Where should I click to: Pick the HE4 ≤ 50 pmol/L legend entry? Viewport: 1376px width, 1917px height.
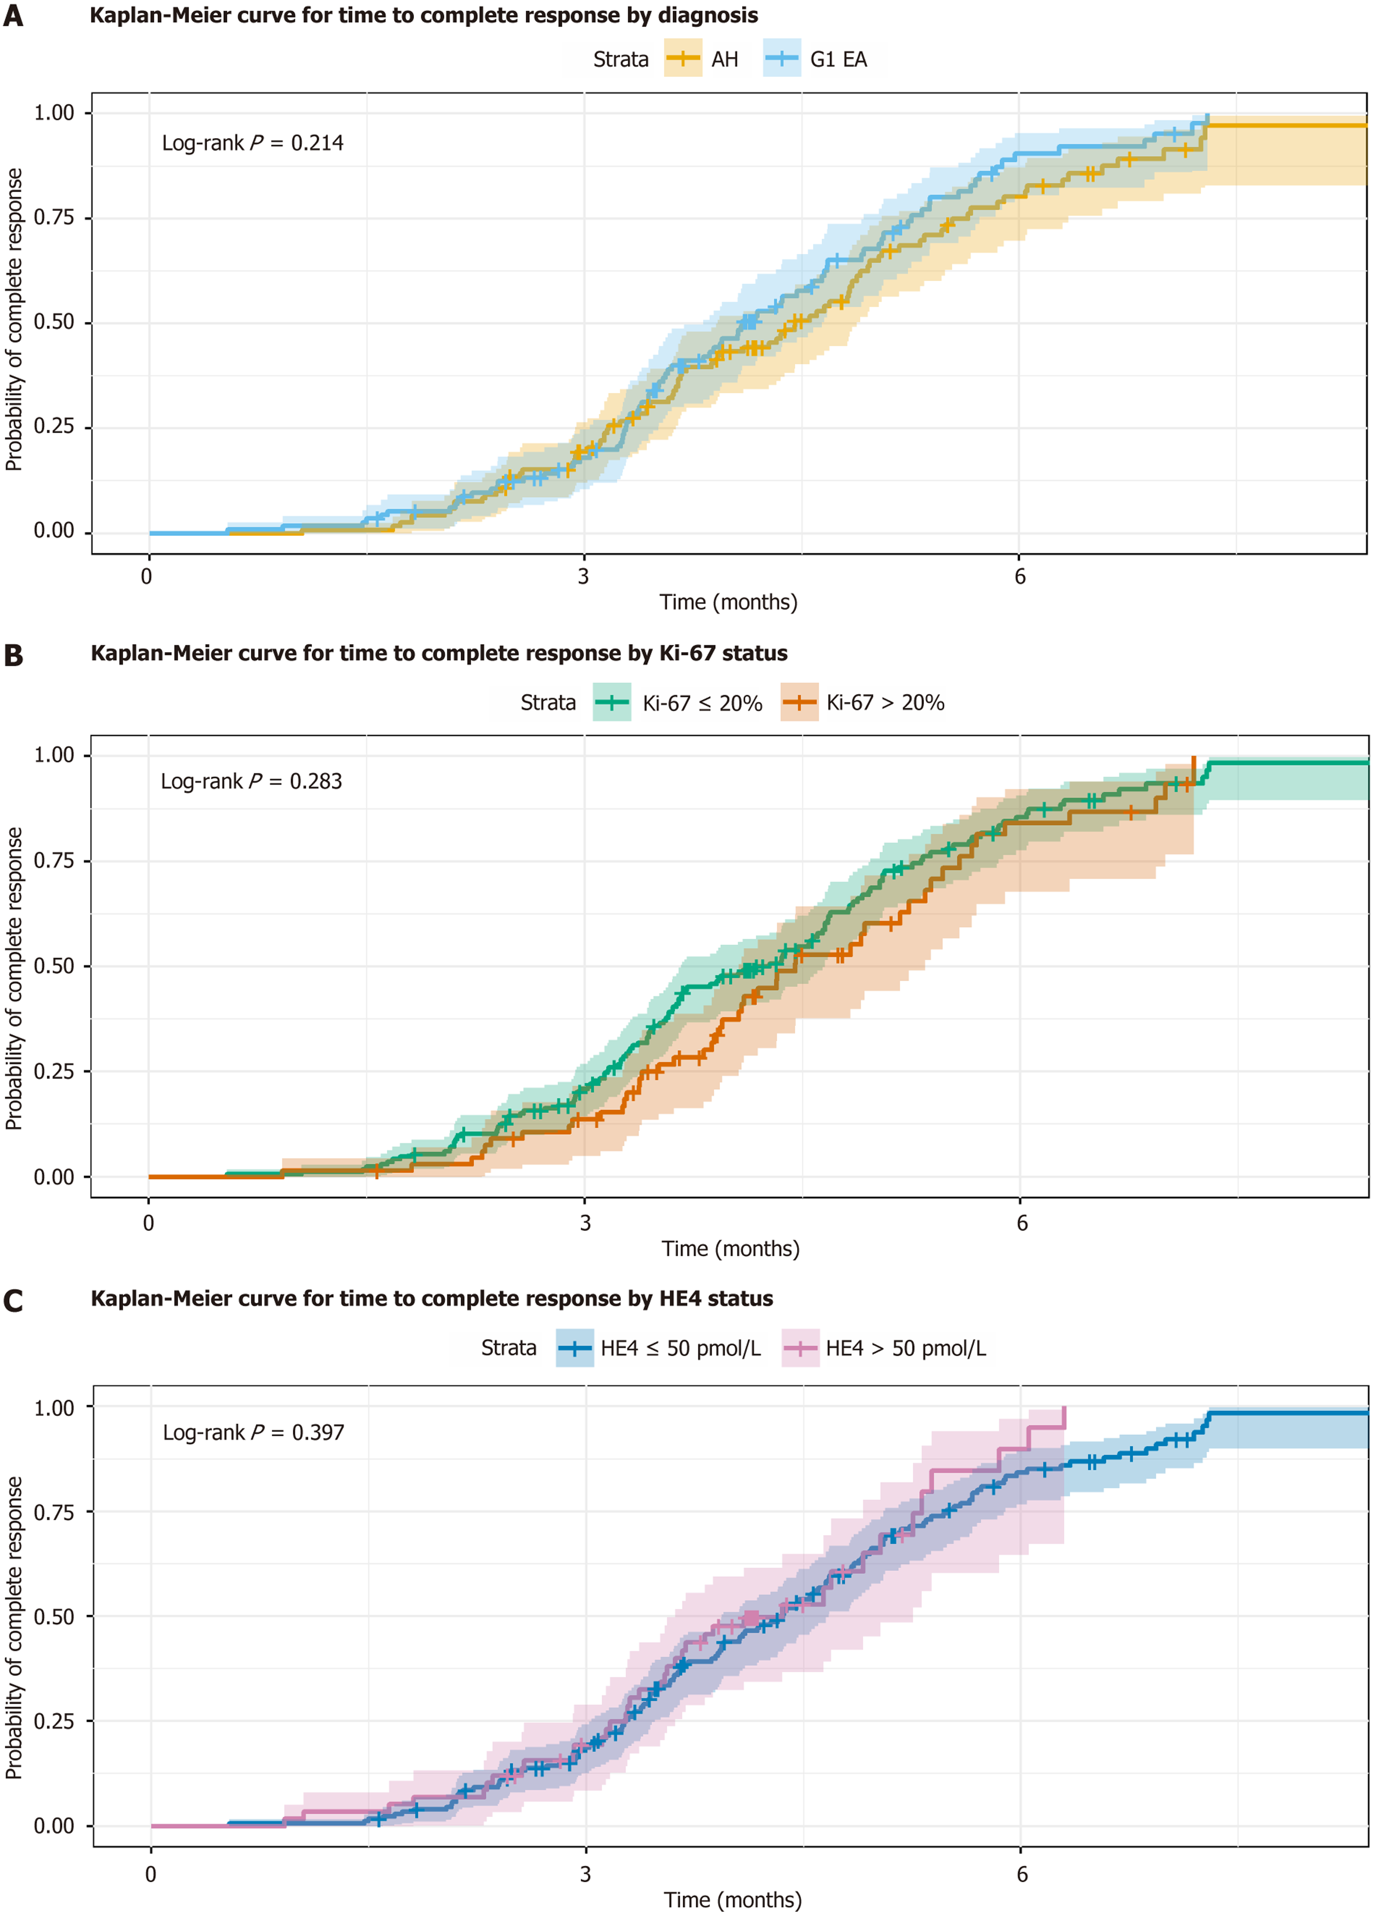click(659, 1348)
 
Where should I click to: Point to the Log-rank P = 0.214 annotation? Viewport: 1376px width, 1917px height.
click(253, 143)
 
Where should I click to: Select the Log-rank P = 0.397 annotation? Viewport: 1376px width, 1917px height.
click(254, 1432)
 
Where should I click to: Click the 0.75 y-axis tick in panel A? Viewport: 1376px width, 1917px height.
click(54, 218)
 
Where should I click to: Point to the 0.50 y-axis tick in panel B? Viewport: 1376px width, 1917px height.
click(54, 966)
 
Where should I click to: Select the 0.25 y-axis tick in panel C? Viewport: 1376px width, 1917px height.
click(54, 1721)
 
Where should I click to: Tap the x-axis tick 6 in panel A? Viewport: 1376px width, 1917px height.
click(1020, 576)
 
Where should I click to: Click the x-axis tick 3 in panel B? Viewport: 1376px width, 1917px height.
click(585, 1223)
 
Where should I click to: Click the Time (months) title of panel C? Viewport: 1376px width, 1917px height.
click(732, 1900)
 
